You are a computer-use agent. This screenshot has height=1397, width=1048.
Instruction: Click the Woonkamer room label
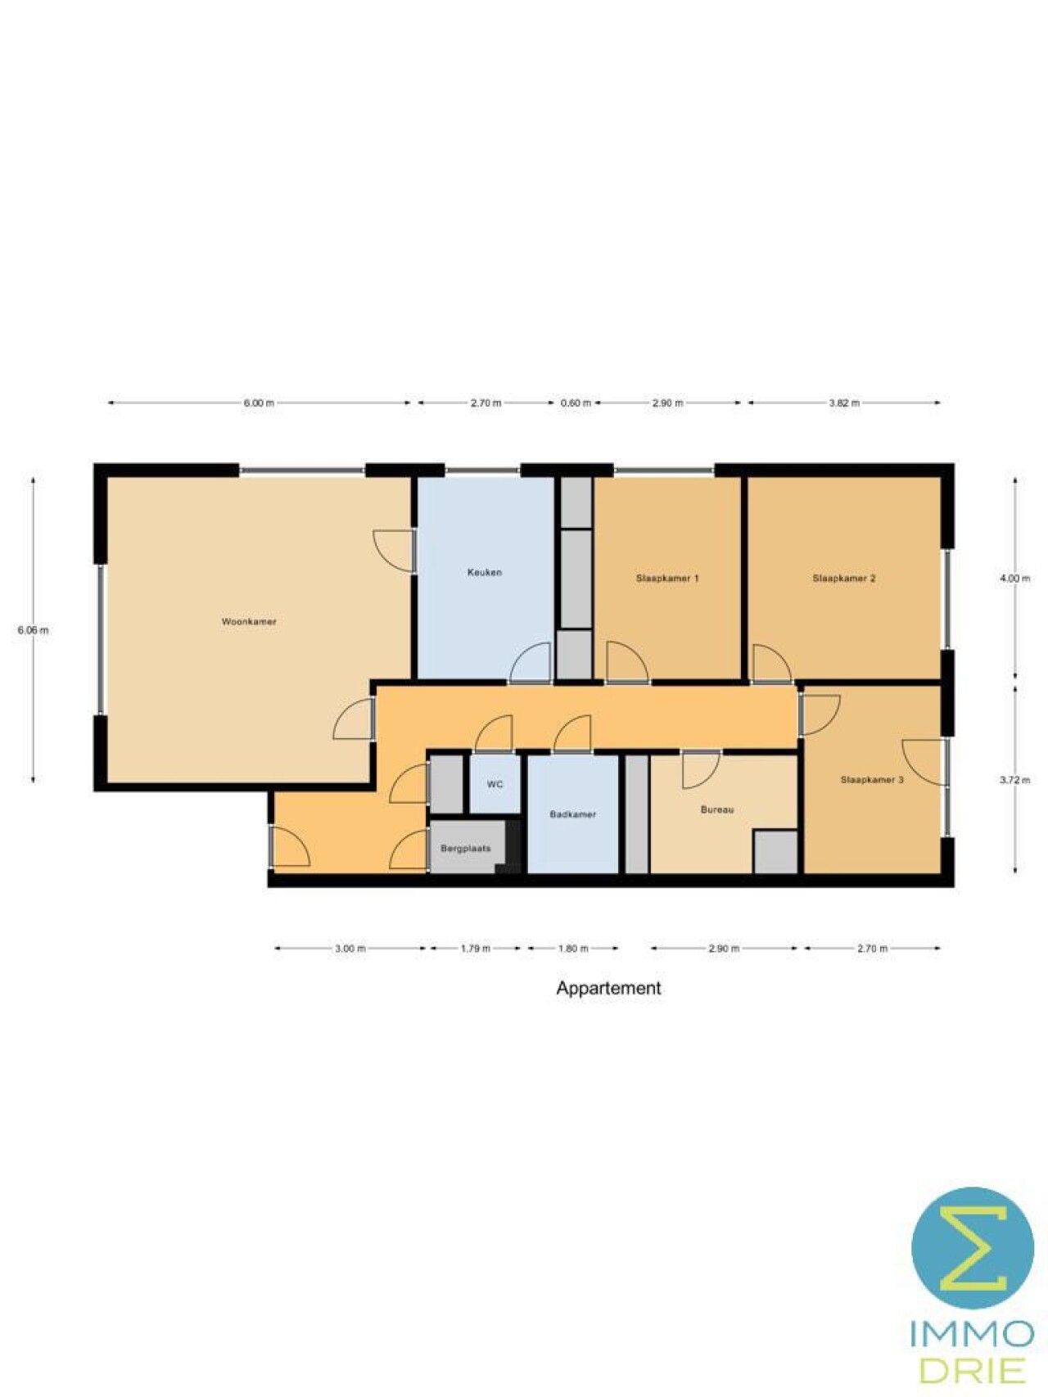pos(249,622)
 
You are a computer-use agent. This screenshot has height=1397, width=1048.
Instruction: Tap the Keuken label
pos(485,572)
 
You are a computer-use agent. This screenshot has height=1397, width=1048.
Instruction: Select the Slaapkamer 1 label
pos(667,579)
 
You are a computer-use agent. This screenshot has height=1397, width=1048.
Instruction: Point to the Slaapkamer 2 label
pos(844,579)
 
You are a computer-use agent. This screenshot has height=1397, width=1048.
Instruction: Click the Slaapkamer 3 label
pos(872,780)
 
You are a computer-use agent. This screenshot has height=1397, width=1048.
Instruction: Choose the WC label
pos(495,785)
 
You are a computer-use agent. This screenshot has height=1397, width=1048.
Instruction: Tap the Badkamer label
pos(573,815)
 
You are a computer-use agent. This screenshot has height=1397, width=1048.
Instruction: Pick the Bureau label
pos(717,810)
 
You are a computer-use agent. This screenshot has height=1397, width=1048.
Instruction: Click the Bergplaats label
pos(466,849)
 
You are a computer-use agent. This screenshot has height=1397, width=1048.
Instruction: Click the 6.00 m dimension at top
pos(259,403)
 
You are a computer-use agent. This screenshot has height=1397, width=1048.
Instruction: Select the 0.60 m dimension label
pos(576,403)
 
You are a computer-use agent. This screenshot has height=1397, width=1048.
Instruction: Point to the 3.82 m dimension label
pos(844,403)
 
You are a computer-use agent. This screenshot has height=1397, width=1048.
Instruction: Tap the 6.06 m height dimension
pos(33,630)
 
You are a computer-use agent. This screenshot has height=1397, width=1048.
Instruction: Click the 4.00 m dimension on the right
pos(1015,579)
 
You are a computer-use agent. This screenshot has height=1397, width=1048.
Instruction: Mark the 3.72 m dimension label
pos(1015,781)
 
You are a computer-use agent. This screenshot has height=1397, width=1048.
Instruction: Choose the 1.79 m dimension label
pos(476,949)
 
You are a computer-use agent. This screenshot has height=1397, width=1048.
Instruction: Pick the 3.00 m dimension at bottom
pos(350,949)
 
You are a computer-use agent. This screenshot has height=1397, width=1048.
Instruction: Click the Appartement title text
pos(608,989)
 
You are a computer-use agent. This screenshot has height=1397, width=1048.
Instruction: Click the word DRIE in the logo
pos(973,1370)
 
